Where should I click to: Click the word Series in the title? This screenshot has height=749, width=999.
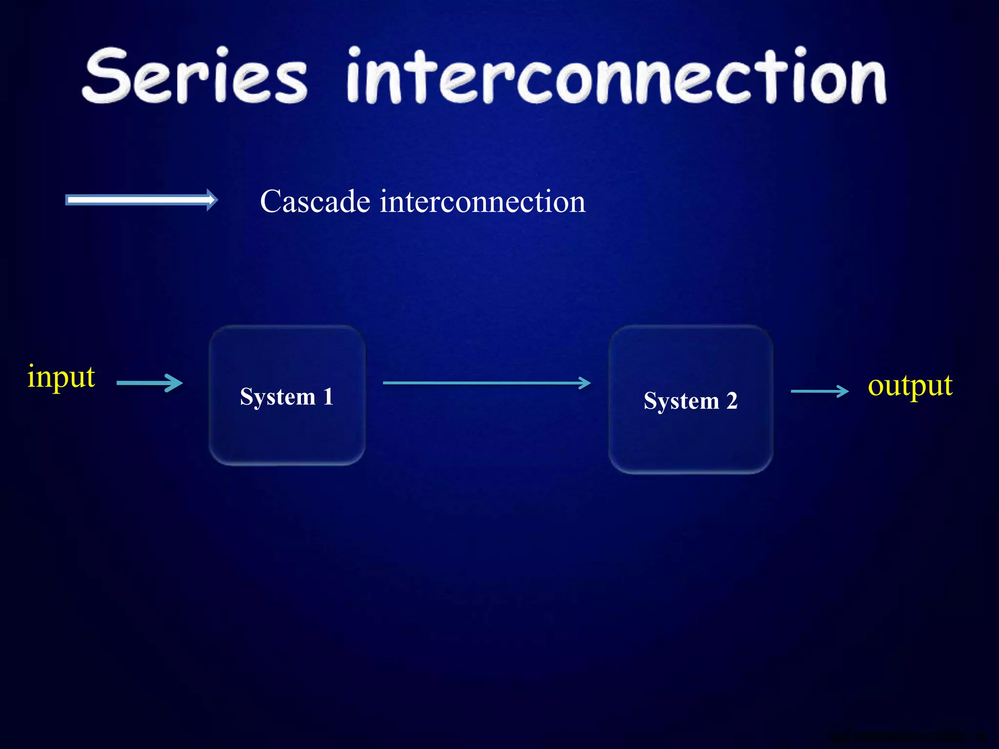[195, 77]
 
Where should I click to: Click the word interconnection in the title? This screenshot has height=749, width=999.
[616, 77]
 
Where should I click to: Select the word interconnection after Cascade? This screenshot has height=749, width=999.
[482, 201]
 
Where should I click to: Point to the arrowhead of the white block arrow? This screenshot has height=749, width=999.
[212, 200]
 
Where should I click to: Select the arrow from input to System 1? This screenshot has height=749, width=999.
[149, 383]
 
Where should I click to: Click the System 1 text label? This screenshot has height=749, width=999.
[287, 396]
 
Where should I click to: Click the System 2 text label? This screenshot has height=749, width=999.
[690, 401]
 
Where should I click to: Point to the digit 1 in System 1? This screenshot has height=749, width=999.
[328, 396]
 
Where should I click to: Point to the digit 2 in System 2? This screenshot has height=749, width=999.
[732, 400]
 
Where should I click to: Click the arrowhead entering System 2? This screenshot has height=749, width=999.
[585, 383]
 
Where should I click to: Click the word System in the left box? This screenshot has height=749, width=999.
[278, 397]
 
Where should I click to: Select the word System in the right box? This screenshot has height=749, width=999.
[681, 401]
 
